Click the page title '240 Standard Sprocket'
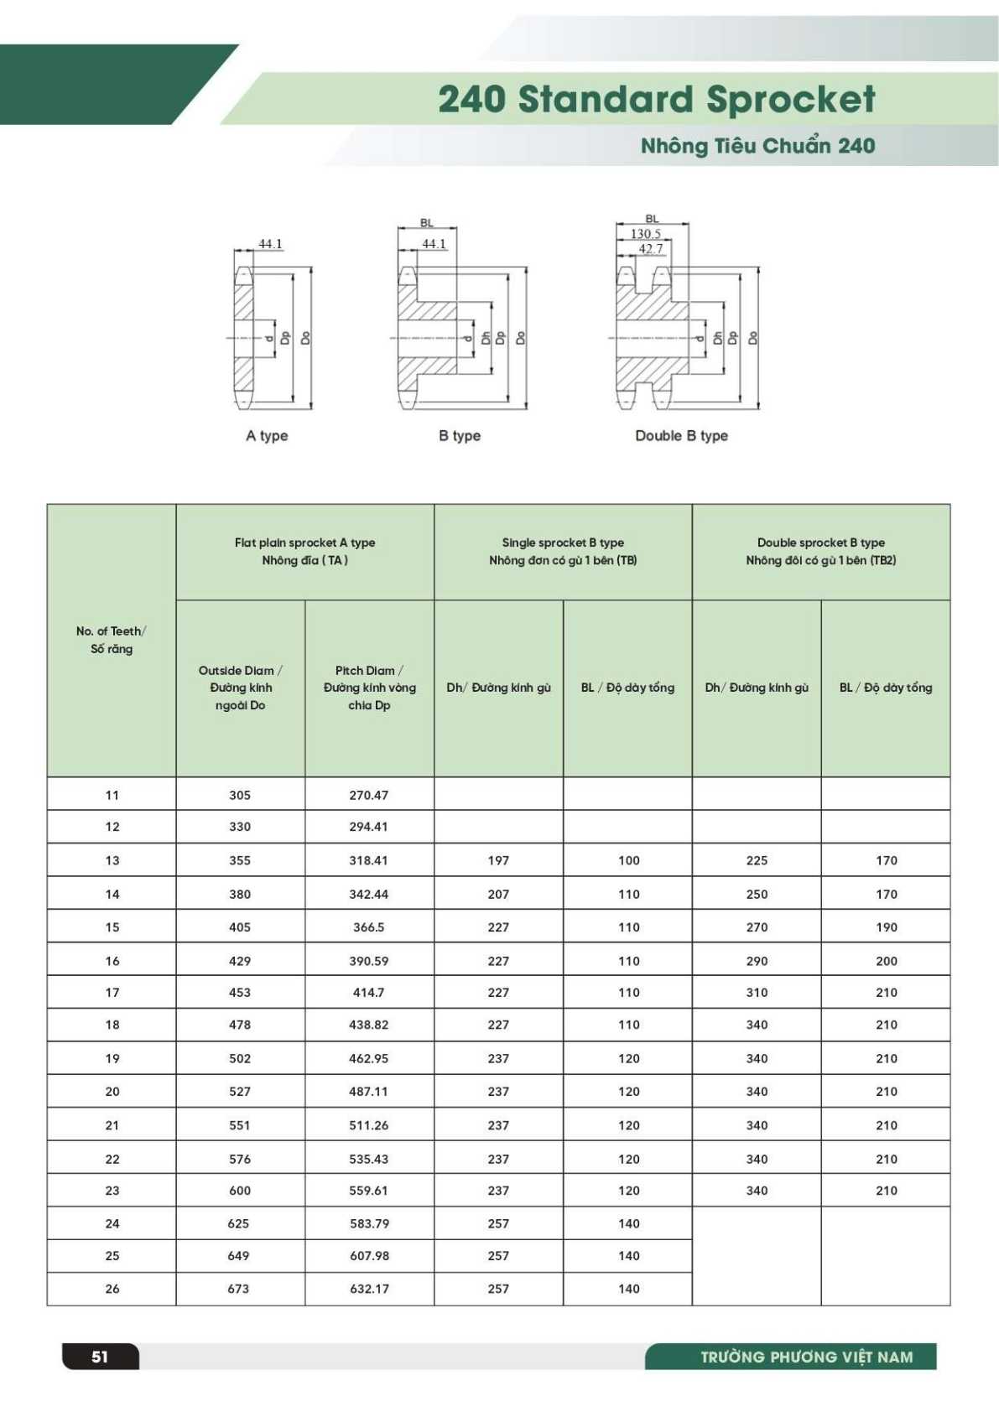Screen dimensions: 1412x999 (x=656, y=99)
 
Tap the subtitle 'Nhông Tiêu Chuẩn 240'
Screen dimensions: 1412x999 (x=757, y=146)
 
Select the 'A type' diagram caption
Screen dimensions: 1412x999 (x=267, y=436)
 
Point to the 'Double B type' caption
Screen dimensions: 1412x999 (x=681, y=436)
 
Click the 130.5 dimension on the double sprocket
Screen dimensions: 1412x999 (x=646, y=234)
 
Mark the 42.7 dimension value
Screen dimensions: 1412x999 (x=651, y=248)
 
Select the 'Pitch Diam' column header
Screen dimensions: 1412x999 (x=369, y=688)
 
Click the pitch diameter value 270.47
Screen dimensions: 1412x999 (x=369, y=795)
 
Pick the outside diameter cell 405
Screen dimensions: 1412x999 (x=240, y=927)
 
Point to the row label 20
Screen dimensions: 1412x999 (x=112, y=1092)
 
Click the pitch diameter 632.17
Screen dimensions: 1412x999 (x=369, y=1289)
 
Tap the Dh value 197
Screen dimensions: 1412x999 (x=498, y=860)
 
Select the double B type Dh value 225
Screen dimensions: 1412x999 (x=757, y=860)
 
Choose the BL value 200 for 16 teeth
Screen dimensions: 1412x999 (x=887, y=961)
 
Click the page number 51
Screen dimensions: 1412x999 (x=100, y=1357)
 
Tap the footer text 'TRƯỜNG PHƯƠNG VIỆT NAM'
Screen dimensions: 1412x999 (x=807, y=1357)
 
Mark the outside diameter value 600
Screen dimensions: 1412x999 (x=240, y=1191)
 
